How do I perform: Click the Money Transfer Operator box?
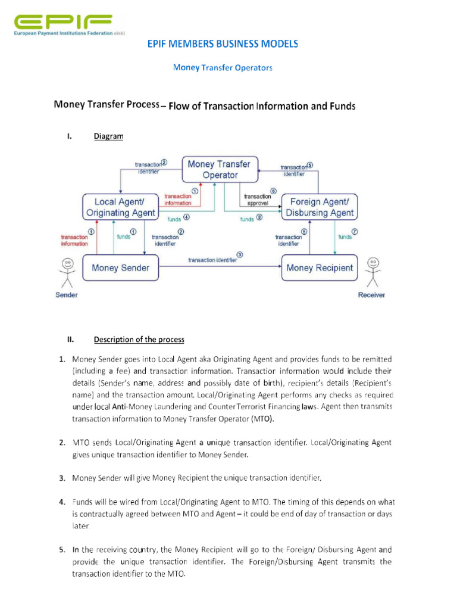[x=219, y=169]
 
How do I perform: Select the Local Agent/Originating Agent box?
[x=121, y=207]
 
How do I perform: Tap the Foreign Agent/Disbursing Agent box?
[x=320, y=207]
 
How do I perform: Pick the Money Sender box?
[x=121, y=268]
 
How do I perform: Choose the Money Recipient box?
[x=320, y=268]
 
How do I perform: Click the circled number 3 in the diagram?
[x=239, y=254]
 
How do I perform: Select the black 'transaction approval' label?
[x=258, y=200]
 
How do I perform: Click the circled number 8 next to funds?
[x=259, y=219]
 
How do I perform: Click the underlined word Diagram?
[x=108, y=136]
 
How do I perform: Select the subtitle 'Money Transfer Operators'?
[x=223, y=68]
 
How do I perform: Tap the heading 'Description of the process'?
[x=139, y=340]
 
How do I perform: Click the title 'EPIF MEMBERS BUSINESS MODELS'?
[x=223, y=44]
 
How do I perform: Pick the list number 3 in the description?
[x=62, y=478]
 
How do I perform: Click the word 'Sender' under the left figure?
[x=66, y=295]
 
